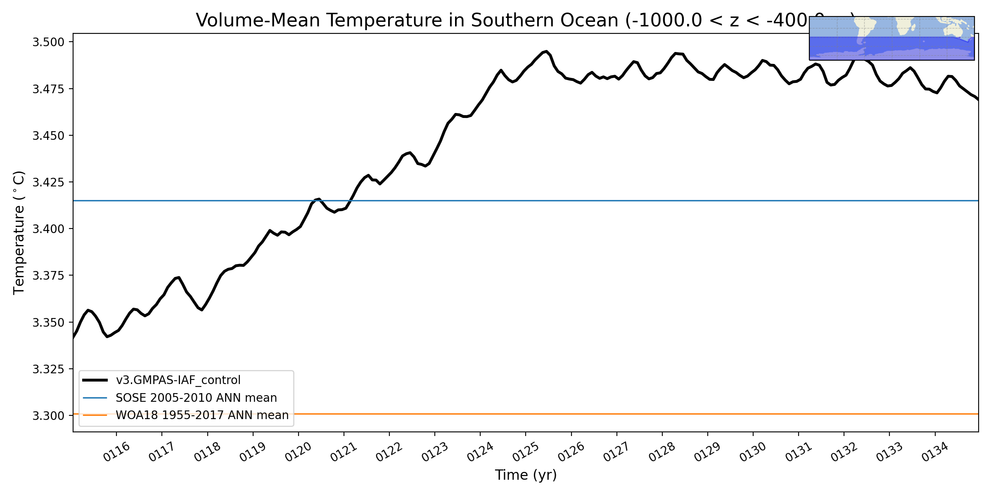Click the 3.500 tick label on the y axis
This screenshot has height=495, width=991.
coord(48,42)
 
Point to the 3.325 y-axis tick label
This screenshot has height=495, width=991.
coord(48,369)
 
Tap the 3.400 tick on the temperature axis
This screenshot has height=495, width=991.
coord(48,229)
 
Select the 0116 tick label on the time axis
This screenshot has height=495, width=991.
coord(116,452)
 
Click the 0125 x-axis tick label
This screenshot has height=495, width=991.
coord(526,452)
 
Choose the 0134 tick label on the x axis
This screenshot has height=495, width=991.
coord(935,452)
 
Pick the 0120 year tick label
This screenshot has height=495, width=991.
coord(298,452)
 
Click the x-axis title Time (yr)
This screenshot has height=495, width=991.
coord(526,475)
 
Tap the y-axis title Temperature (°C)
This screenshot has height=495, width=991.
coord(19,233)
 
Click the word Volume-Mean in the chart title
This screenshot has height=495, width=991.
coord(258,20)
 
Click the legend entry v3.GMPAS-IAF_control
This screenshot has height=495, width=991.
coord(178,380)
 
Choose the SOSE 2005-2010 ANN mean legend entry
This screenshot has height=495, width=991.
coord(196,398)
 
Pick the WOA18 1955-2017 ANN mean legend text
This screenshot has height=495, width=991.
coord(202,415)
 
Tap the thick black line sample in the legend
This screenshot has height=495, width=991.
coord(95,380)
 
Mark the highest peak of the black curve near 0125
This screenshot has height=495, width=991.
coord(546,52)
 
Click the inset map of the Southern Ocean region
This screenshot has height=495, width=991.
coord(891,38)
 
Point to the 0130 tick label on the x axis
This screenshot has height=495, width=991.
coord(753,452)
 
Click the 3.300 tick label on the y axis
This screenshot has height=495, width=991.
coord(48,416)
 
